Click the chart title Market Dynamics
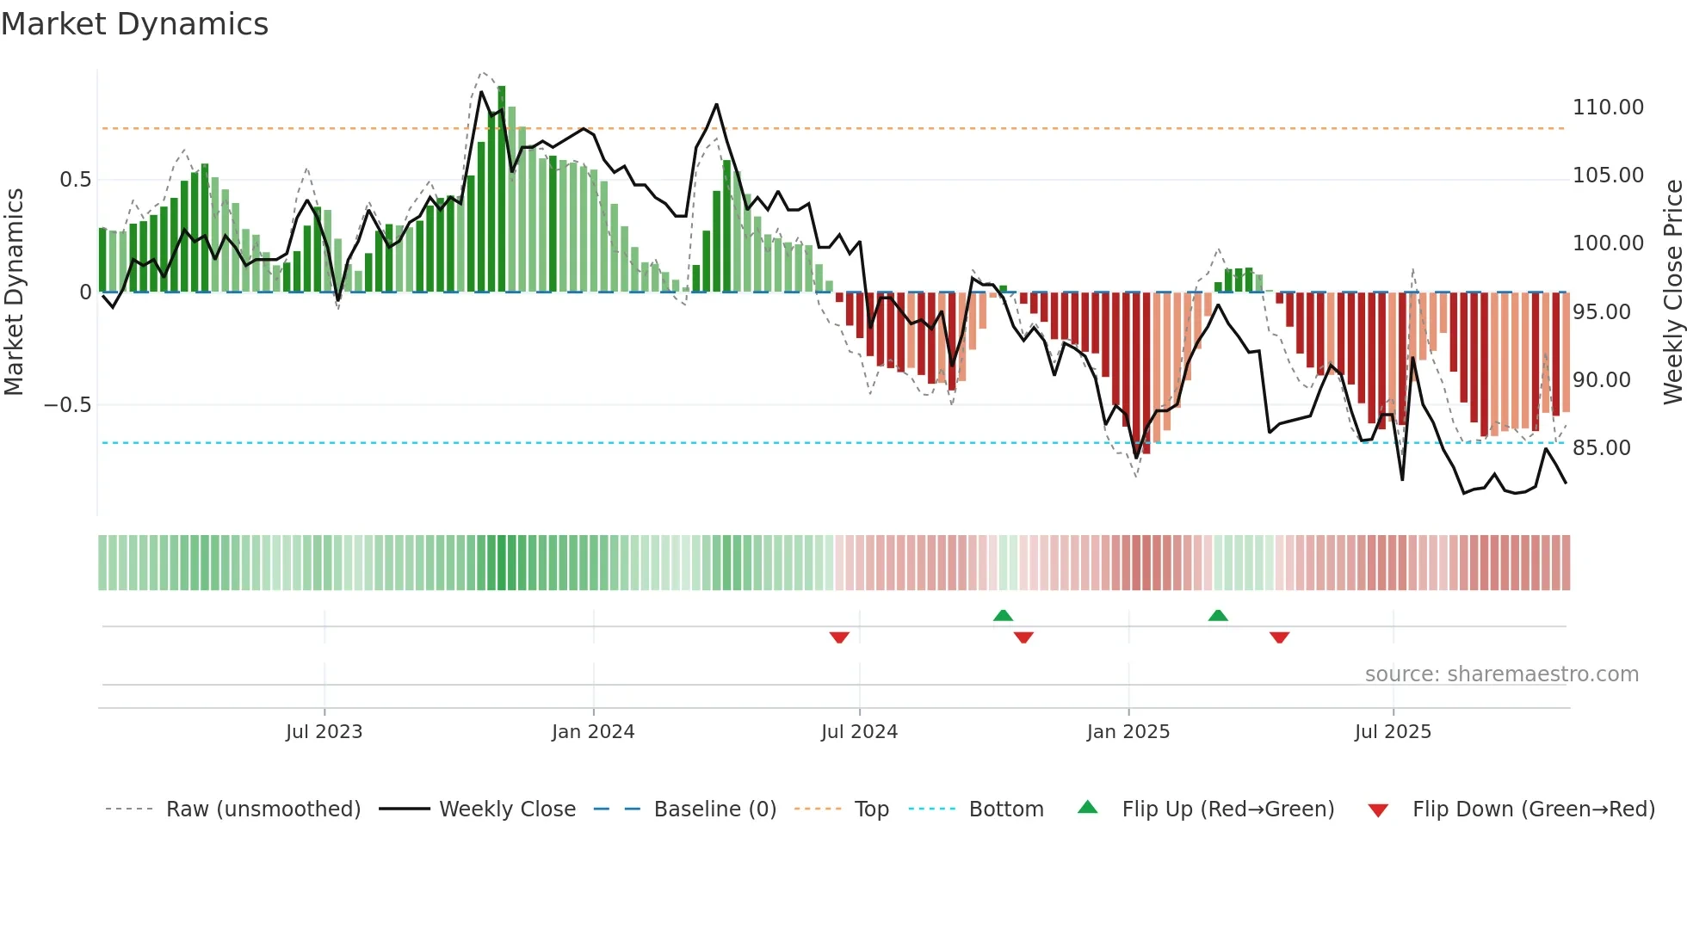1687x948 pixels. (x=134, y=24)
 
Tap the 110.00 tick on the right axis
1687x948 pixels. (x=1608, y=108)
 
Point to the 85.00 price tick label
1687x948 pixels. (x=1601, y=448)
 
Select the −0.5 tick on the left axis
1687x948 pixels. (x=67, y=405)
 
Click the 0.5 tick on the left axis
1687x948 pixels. (x=75, y=180)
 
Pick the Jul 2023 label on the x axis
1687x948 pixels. (x=324, y=732)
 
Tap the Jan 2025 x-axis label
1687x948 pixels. (x=1128, y=732)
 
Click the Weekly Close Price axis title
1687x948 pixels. (x=1672, y=292)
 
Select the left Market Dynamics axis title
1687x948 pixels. (x=14, y=292)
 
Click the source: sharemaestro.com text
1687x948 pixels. (x=1501, y=674)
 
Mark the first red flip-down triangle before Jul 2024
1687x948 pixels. (x=839, y=637)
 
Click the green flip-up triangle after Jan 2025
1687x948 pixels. (x=1218, y=615)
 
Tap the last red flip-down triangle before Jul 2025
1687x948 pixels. (x=1279, y=637)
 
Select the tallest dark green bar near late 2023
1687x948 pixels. (x=502, y=189)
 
